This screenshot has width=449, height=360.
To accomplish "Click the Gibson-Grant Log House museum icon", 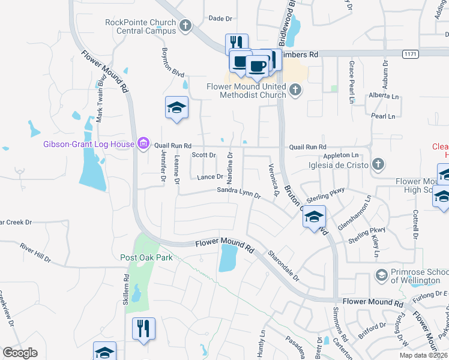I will (143, 143).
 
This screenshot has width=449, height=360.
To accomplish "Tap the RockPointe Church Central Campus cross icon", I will (185, 26).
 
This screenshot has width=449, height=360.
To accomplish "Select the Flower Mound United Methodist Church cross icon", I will (295, 91).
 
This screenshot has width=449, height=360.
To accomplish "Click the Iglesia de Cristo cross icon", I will (378, 164).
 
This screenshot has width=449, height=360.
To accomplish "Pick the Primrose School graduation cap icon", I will (381, 275).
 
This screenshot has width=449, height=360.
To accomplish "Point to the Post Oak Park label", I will (146, 257).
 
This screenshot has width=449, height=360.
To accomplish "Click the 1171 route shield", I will (410, 54).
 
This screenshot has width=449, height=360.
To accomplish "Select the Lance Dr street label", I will (210, 176).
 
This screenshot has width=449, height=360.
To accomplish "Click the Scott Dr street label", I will (203, 155).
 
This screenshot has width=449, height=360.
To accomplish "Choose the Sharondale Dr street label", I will (284, 266).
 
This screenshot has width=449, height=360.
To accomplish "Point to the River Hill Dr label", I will (35, 252).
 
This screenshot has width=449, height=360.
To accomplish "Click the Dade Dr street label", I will (220, 19).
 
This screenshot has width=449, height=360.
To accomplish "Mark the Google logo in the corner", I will (20, 353).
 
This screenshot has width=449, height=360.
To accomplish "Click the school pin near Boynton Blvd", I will (176, 107).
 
